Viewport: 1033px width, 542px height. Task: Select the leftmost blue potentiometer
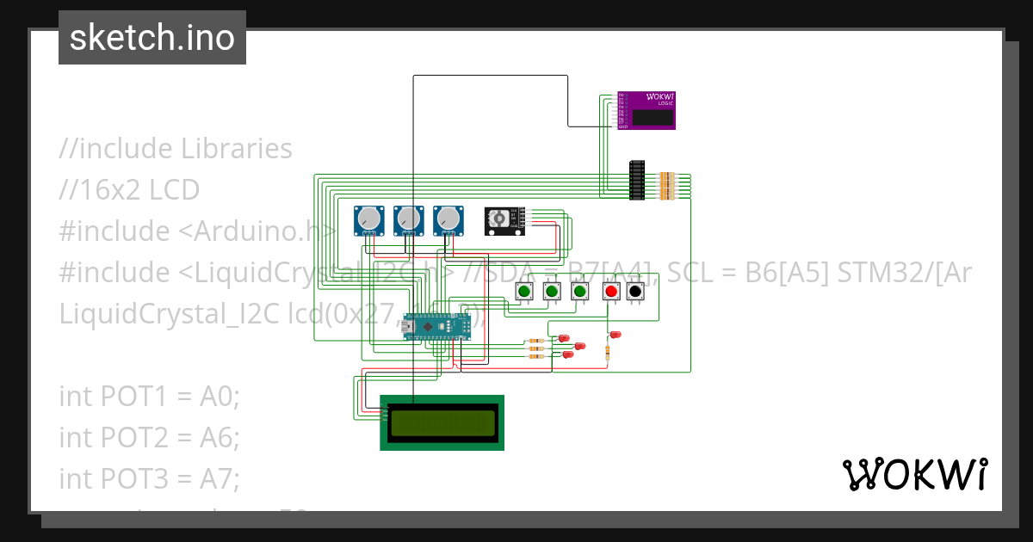(x=369, y=220)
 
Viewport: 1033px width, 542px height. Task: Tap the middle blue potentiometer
(x=408, y=220)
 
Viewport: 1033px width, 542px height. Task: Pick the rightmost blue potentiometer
(x=448, y=220)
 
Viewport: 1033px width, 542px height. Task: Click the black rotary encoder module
(x=503, y=220)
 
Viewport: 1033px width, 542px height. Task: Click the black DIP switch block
(x=637, y=181)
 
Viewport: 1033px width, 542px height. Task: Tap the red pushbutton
(x=611, y=293)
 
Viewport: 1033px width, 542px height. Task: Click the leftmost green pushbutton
(x=524, y=293)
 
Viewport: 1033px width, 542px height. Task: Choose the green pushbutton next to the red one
(x=580, y=293)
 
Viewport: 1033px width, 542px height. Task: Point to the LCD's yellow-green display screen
(x=442, y=422)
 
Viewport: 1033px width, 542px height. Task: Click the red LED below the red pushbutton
(x=615, y=334)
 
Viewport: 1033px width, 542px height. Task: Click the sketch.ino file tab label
(x=152, y=38)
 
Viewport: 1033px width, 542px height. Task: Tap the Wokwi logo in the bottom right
(x=914, y=475)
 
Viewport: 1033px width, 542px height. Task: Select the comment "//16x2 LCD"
(x=129, y=189)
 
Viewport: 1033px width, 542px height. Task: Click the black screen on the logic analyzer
(x=653, y=118)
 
